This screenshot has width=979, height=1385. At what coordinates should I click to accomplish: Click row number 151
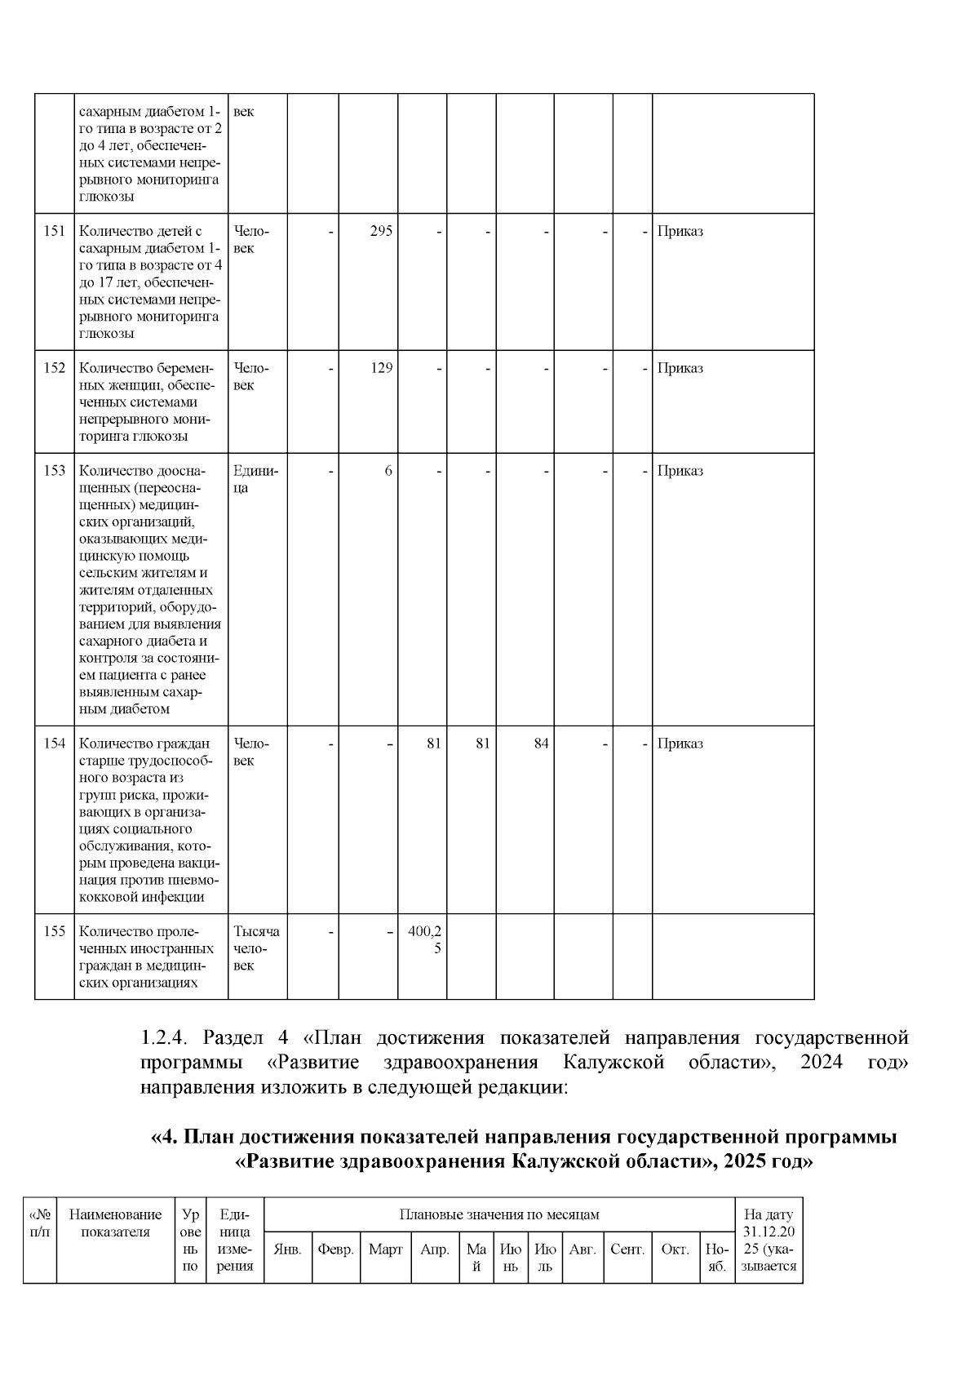(54, 231)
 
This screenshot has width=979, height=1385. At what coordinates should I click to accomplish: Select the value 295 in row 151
(381, 231)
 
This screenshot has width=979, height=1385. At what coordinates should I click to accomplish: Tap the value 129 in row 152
(381, 368)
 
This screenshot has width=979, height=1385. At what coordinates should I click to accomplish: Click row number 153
(54, 471)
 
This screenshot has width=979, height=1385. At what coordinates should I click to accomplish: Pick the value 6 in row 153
(388, 471)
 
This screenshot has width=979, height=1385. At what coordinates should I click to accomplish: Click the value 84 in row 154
(541, 744)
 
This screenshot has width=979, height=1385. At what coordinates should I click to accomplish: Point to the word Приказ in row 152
(680, 368)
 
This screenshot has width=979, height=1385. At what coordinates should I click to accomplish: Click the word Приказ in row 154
(680, 744)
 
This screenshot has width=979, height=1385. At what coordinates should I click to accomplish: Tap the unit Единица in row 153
(255, 479)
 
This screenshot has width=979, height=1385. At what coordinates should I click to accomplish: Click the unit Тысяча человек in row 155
(256, 948)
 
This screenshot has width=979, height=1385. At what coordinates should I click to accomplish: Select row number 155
(54, 931)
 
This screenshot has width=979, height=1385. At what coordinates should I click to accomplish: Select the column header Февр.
(335, 1250)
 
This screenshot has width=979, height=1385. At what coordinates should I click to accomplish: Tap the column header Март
(385, 1250)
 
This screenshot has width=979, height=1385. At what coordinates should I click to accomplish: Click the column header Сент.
(627, 1250)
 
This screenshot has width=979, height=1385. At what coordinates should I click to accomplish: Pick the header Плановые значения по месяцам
(498, 1214)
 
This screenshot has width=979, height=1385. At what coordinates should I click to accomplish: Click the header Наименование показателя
(115, 1223)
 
